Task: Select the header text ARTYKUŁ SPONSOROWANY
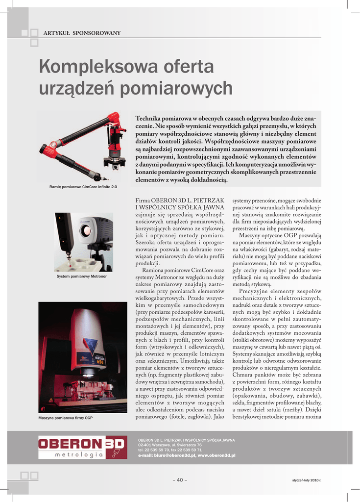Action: point(82,33)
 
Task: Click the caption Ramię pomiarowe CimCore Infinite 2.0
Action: point(83,187)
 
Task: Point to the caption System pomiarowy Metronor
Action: point(82,276)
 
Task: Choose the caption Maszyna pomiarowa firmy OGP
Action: point(65,418)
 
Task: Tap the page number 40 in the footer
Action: point(180,479)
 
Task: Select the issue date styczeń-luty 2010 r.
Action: point(306,480)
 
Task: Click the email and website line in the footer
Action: point(187,455)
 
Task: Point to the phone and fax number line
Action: point(169,450)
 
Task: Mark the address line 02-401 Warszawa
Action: point(167,445)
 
